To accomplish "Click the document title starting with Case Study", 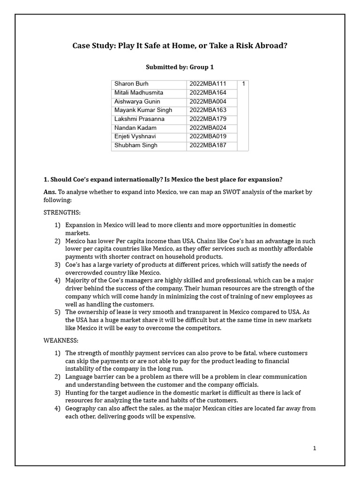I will point(180,45).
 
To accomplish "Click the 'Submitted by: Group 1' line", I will point(180,67).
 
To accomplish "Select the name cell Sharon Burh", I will point(131,84).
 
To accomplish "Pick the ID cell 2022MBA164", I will point(208,93).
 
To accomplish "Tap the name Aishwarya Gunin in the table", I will point(137,101).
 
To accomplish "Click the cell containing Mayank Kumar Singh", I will point(143,110).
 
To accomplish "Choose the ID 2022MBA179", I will point(208,119).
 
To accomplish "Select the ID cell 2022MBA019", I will point(208,136).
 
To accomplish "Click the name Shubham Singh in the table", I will point(136,145).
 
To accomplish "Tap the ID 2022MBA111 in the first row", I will point(208,84).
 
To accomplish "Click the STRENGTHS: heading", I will point(62,212).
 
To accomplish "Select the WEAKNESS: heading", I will point(61,340).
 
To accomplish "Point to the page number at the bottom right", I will point(315,449).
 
